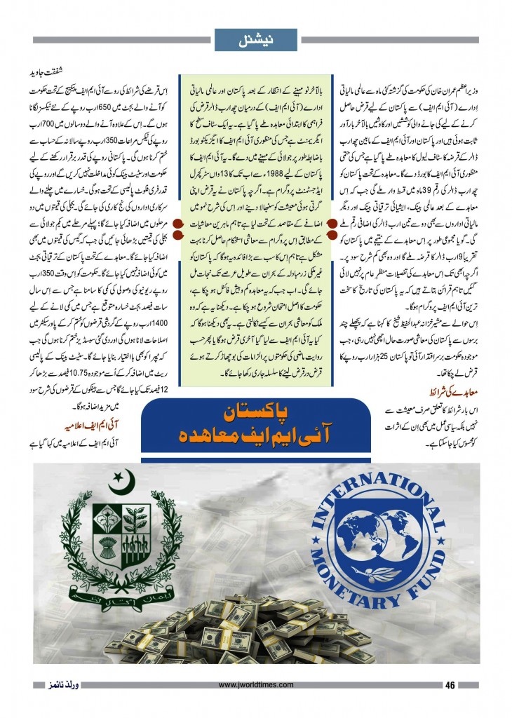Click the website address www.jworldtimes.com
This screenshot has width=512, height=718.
coord(257,686)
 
